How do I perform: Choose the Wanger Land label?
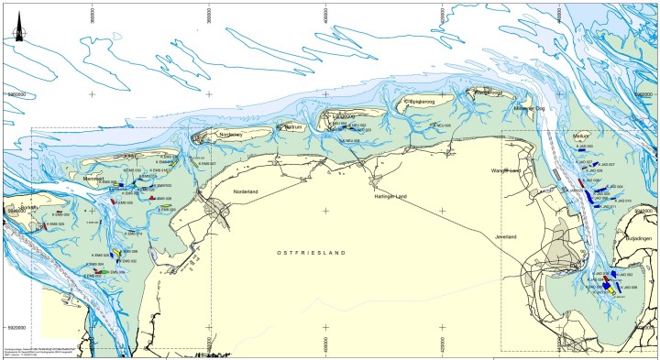tap(506, 170)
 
